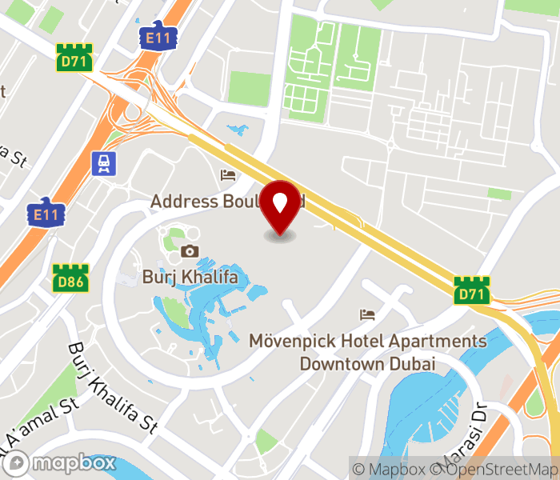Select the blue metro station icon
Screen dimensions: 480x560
click(x=103, y=163)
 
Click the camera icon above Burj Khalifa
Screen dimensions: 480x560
click(x=190, y=251)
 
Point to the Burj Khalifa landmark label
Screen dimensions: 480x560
click(x=190, y=278)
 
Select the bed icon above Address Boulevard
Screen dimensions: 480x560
click(x=229, y=175)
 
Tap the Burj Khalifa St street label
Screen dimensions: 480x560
click(x=112, y=388)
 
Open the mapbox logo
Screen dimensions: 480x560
click(x=61, y=462)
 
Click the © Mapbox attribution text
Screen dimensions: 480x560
click(x=388, y=469)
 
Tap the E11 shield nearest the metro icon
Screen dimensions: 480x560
click(x=46, y=213)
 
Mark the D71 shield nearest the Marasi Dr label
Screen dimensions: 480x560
click(x=471, y=290)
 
